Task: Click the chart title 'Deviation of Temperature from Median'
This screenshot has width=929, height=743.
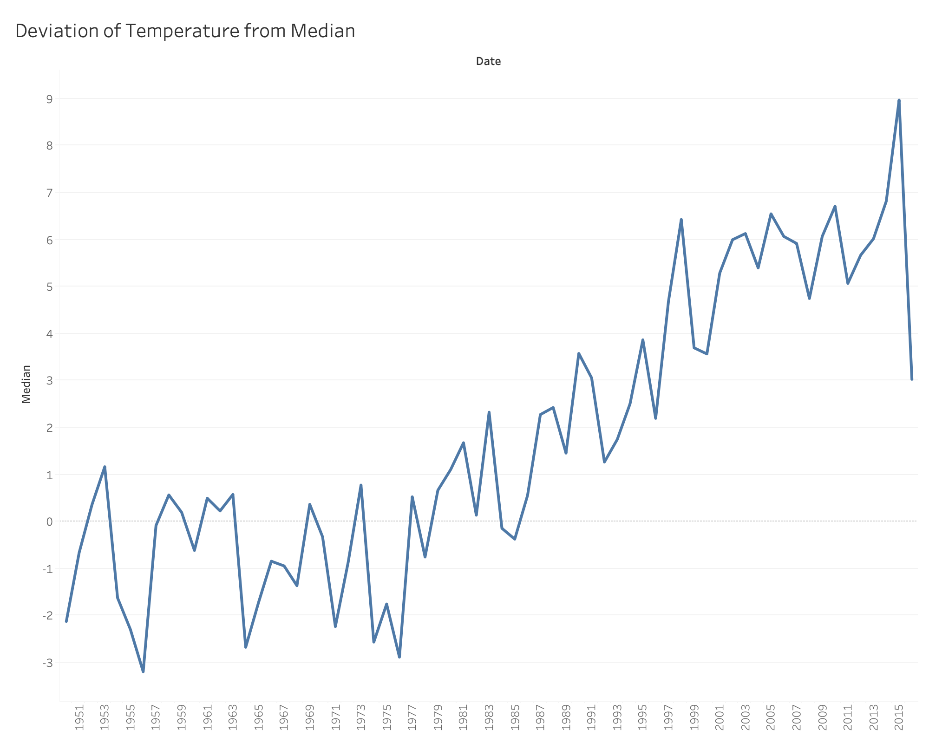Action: [x=185, y=31]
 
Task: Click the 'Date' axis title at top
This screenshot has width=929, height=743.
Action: [x=488, y=61]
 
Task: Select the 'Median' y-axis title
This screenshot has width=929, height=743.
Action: [x=26, y=384]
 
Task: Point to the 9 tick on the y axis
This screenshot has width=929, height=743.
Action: [x=49, y=99]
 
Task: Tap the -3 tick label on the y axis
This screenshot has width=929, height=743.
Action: [x=47, y=663]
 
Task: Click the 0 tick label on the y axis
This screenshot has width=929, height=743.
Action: [x=49, y=521]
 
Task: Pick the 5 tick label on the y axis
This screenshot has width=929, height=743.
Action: [x=49, y=287]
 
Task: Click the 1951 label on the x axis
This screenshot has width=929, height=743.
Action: [x=79, y=717]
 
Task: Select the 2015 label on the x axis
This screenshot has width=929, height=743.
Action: [x=899, y=717]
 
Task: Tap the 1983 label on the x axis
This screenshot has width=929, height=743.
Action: [x=489, y=717]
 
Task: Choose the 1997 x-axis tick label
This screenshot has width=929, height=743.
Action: [x=668, y=717]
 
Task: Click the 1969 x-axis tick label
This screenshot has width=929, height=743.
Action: [x=310, y=717]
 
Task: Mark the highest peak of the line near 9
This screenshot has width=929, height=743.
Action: [x=899, y=100]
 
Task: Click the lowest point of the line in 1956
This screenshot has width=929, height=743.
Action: [x=143, y=671]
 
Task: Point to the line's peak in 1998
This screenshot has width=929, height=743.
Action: [x=681, y=220]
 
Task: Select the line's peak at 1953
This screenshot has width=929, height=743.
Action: [x=105, y=467]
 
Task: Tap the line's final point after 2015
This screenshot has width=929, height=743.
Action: [x=912, y=379]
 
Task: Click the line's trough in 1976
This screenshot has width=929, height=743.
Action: [x=399, y=657]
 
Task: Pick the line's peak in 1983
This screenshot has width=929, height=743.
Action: [x=489, y=412]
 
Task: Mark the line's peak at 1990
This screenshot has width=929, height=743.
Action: [x=579, y=353]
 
